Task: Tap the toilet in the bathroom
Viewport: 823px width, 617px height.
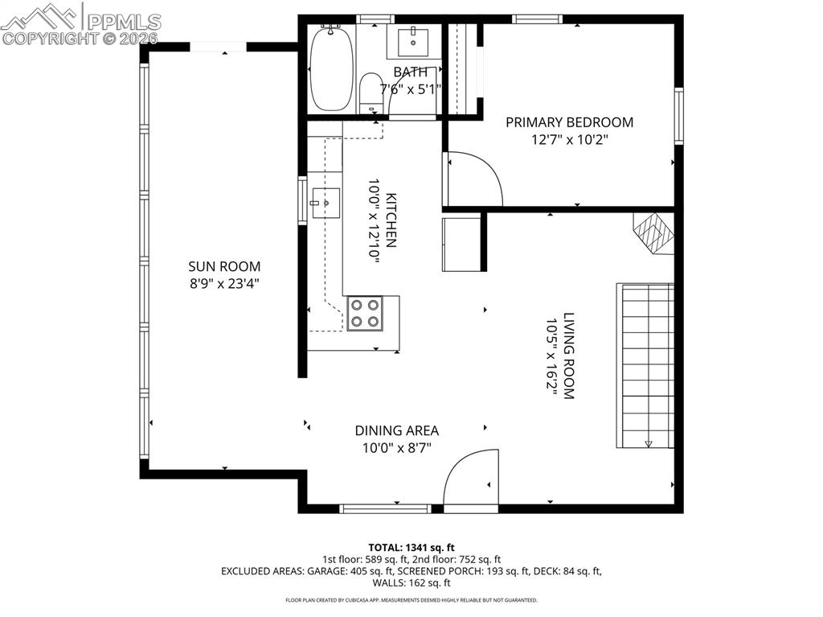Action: (x=371, y=92)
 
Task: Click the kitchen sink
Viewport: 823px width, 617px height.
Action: (x=326, y=203)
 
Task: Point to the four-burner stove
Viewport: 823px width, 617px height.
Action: (x=365, y=313)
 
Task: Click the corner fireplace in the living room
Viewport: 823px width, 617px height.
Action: (x=653, y=233)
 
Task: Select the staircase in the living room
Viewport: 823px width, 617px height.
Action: (x=645, y=366)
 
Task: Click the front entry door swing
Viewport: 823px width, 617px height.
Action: (x=471, y=476)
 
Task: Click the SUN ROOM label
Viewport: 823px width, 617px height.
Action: (x=224, y=266)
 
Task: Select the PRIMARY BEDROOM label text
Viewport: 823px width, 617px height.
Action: (x=570, y=122)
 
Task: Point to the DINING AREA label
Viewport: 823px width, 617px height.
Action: (x=397, y=431)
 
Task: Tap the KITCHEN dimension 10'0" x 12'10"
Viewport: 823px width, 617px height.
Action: (x=373, y=220)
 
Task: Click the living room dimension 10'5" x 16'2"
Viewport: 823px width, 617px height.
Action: (x=551, y=356)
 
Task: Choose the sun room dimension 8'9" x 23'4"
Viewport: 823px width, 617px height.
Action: (x=225, y=284)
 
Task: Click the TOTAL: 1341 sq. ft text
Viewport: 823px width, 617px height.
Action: (x=411, y=548)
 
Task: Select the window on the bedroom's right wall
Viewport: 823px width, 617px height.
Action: (x=678, y=116)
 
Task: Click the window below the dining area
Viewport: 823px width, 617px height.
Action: (x=385, y=508)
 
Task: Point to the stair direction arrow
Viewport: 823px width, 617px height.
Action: (x=649, y=444)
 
